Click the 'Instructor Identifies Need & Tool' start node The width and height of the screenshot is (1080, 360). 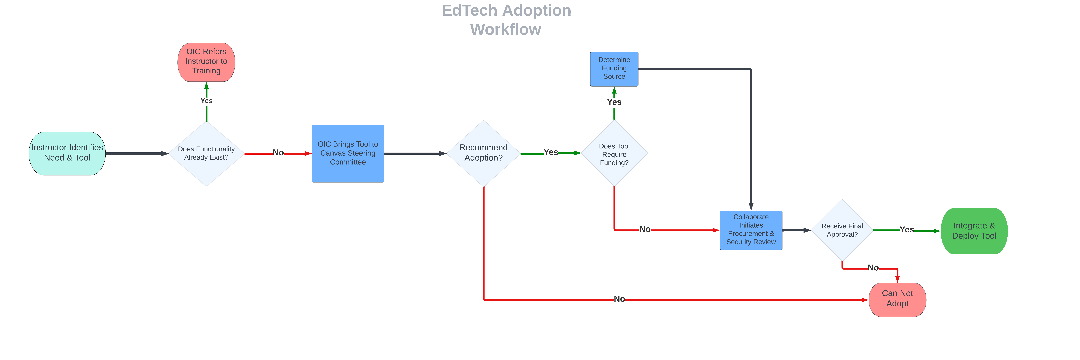click(67, 153)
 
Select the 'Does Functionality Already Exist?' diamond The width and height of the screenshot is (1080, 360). click(206, 153)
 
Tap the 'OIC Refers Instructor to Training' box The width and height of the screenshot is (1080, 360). click(206, 62)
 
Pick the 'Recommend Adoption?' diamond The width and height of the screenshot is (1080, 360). click(483, 153)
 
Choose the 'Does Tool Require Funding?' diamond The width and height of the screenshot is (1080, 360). click(614, 153)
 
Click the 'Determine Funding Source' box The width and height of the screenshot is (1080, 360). click(614, 69)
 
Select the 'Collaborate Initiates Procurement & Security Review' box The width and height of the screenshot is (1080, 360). click(751, 230)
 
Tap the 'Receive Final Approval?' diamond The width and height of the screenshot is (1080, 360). click(842, 230)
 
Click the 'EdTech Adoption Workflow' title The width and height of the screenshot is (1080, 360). click(506, 20)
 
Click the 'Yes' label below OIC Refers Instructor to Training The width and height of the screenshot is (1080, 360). click(206, 101)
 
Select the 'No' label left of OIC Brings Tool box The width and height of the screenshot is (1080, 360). click(278, 153)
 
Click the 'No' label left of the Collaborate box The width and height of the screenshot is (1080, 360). click(645, 229)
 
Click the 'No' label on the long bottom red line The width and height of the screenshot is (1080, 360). click(619, 299)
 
